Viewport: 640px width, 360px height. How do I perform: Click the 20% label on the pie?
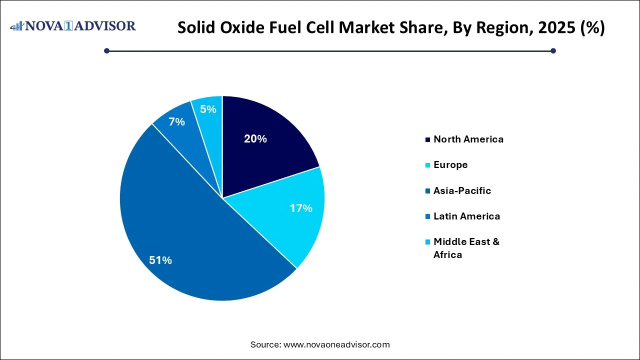coord(255,139)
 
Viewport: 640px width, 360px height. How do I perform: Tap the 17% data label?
coord(301,208)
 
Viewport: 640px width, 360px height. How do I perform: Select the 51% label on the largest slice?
coord(160,260)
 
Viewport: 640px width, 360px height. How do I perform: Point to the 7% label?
coord(176,121)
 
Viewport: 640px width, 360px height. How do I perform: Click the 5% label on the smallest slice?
coord(207,108)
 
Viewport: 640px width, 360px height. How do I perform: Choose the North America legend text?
coord(468,139)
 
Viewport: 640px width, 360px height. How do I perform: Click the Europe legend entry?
coord(450,164)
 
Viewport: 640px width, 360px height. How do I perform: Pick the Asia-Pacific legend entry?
coord(462,190)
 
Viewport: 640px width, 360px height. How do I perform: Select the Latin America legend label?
coord(466,216)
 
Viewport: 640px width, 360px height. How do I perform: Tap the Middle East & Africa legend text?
coord(466,248)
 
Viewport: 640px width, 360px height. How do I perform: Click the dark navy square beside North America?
coord(427,139)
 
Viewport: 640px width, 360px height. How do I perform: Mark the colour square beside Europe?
coord(427,165)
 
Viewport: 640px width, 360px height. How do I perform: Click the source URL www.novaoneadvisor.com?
coord(336,344)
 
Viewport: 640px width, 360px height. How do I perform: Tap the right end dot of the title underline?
coord(553,50)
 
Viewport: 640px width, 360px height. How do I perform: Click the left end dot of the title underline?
coord(106,50)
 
